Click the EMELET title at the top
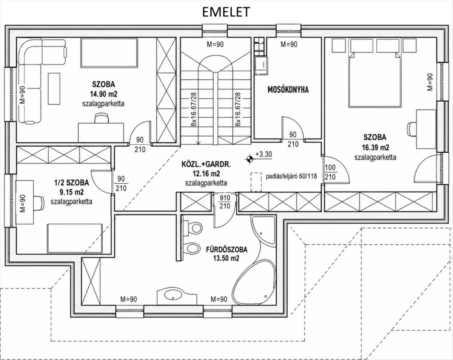pos(226,12)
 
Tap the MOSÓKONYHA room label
pos(288,90)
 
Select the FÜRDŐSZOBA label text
pos(226,250)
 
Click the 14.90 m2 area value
pos(103,94)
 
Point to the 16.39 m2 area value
pos(376,147)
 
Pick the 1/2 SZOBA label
pos(72,182)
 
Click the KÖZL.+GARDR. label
pos(206,165)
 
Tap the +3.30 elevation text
pos(263,155)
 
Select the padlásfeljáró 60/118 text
pos(291,176)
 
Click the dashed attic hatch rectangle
pos(256,182)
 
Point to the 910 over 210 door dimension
pos(225,202)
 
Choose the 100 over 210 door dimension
pos(330,172)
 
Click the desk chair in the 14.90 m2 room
pos(102,118)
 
